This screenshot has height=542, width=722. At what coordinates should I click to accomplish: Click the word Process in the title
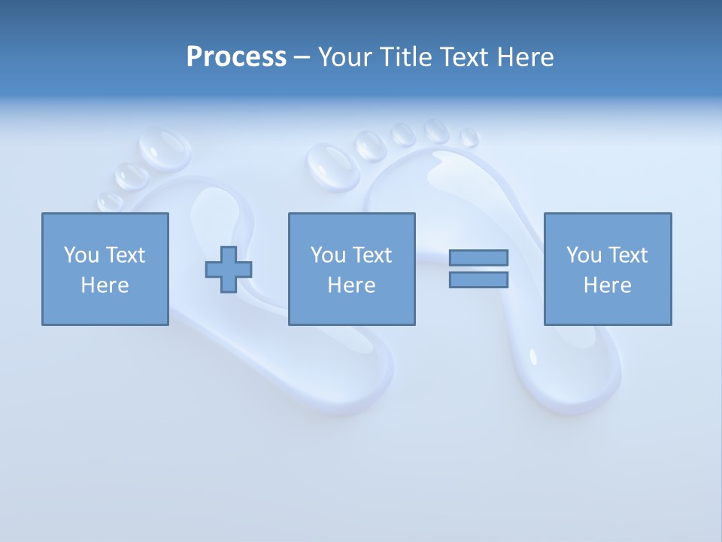236,57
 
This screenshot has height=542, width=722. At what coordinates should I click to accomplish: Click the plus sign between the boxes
229,269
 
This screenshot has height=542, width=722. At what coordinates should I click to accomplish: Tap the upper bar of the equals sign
478,257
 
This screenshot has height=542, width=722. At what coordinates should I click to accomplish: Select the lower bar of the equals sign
478,280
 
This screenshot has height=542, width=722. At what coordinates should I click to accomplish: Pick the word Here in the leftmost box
105,285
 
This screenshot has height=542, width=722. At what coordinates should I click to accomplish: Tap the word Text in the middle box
372,255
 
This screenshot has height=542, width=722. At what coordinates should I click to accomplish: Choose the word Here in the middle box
351,285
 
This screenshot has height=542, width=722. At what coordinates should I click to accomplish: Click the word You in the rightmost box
584,255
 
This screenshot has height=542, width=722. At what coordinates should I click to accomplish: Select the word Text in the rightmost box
627,255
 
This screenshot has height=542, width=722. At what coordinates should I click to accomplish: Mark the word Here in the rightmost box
607,285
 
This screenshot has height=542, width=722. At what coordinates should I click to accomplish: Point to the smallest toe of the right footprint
469,138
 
